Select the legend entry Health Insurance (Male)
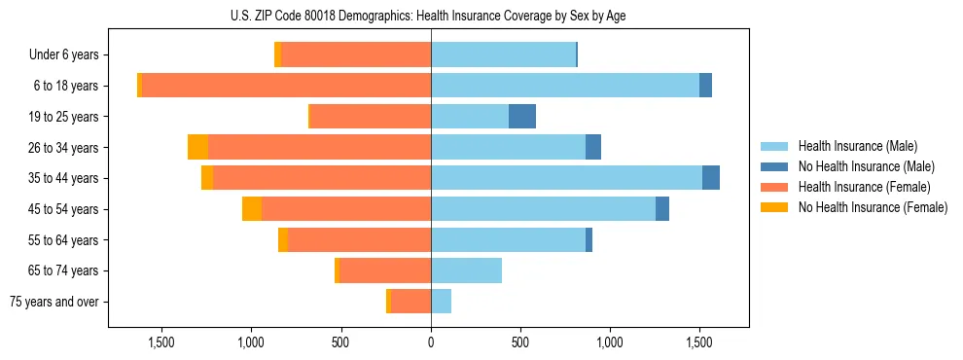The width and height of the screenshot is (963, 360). pyautogui.click(x=857, y=146)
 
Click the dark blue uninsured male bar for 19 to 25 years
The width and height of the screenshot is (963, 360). pyautogui.click(x=522, y=117)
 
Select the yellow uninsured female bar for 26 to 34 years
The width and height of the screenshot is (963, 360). pyautogui.click(x=198, y=147)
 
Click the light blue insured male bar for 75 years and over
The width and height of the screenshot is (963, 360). pyautogui.click(x=441, y=302)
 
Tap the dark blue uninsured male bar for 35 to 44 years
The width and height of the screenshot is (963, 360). pyautogui.click(x=711, y=178)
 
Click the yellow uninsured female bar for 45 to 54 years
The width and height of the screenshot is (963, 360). pyautogui.click(x=252, y=209)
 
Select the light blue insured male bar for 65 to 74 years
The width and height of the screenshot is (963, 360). pyautogui.click(x=466, y=270)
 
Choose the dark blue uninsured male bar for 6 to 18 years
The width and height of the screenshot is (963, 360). pyautogui.click(x=705, y=86)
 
